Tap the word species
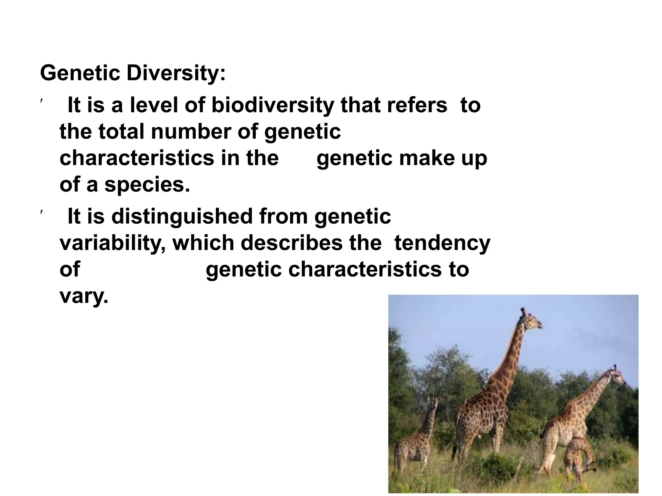[147, 185]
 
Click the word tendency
[442, 243]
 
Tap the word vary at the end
[83, 296]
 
